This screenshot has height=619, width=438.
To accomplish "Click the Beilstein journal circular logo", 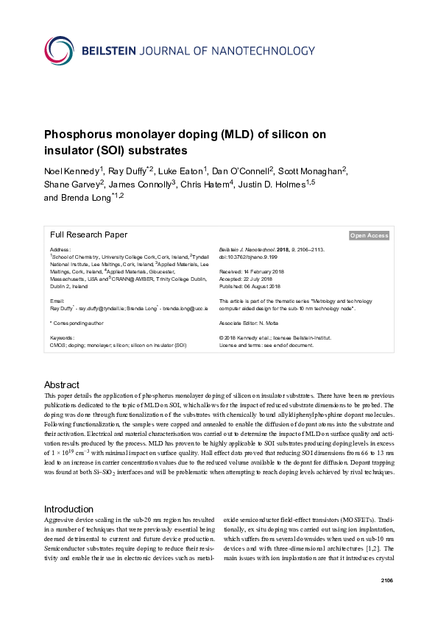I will click(60, 49).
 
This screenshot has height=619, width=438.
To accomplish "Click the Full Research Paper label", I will click(88, 235).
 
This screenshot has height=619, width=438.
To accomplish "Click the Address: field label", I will click(60, 250).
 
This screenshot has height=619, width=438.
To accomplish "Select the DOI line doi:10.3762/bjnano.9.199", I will click(251, 257).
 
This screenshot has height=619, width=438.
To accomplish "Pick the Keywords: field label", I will click(63, 337).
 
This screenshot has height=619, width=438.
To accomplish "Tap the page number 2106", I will click(387, 581).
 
